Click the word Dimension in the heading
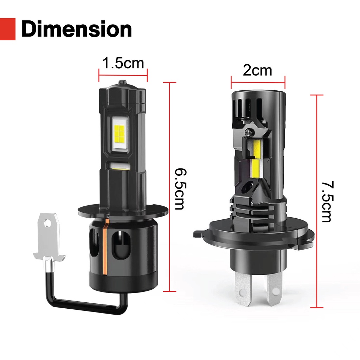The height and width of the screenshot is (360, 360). click(x=77, y=29)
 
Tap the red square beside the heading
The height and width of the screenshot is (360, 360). click(x=8, y=29)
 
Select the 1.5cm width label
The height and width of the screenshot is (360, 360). click(x=123, y=63)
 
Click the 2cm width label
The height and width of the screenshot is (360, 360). click(x=257, y=70)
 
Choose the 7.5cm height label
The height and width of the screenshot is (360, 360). click(x=327, y=201)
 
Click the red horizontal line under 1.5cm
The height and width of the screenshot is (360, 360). click(x=123, y=75)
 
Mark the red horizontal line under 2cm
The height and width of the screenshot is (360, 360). click(x=258, y=82)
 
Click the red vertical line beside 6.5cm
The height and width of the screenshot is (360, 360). click(x=170, y=187)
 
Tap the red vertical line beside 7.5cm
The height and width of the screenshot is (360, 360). click(x=317, y=201)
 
